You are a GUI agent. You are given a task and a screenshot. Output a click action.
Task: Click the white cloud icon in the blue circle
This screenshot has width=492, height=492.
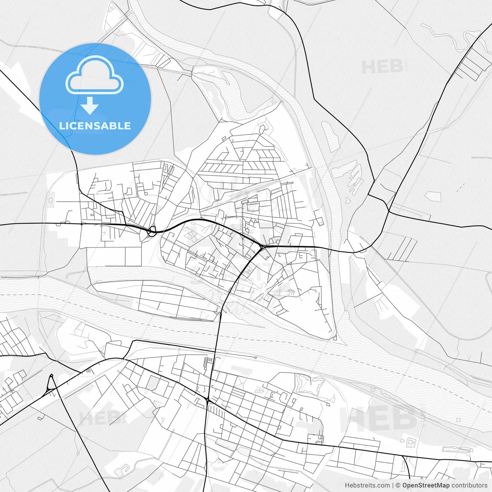click(x=95, y=75)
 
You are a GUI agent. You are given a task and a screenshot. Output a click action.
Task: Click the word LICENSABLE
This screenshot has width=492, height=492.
click(x=95, y=126)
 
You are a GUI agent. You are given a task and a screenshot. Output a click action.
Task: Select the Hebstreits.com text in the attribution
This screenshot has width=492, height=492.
click(x=367, y=485)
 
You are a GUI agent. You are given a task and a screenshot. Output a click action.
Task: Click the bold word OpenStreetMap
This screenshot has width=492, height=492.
click(x=426, y=485)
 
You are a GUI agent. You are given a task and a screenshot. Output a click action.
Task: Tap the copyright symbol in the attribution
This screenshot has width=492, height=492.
click(x=398, y=485)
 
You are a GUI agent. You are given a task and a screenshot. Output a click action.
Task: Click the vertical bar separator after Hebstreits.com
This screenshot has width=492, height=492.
click(x=393, y=485)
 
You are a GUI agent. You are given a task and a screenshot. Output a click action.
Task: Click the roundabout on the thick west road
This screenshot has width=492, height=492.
click(x=152, y=231)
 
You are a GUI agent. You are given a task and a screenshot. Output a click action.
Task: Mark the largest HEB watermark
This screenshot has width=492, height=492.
click(x=379, y=419)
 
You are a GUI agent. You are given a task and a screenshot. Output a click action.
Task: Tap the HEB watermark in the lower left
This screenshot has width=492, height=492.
click(x=101, y=418)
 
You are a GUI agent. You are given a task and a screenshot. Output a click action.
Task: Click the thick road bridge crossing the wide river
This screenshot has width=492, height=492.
click(x=218, y=331)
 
